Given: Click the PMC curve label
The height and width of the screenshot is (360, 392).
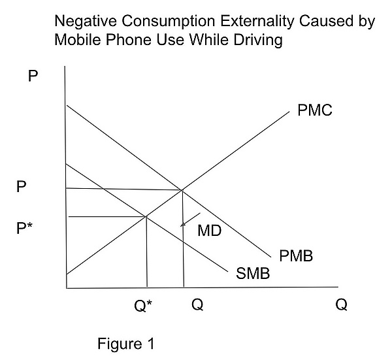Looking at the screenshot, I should tap(315, 110).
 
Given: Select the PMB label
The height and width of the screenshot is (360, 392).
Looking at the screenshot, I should tap(296, 256).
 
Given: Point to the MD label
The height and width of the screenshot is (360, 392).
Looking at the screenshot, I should tap(210, 229).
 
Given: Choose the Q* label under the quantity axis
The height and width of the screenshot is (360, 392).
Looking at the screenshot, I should tap(142, 305).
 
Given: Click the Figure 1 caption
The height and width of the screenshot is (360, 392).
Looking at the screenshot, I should tap(127, 344).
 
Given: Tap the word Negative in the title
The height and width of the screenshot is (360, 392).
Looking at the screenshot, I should tap(83, 21).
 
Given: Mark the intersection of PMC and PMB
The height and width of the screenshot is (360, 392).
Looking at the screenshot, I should tap(182, 189).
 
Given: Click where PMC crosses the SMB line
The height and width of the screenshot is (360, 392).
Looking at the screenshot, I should tap(146, 216).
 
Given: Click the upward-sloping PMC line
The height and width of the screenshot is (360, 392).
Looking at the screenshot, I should tap(235, 150).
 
